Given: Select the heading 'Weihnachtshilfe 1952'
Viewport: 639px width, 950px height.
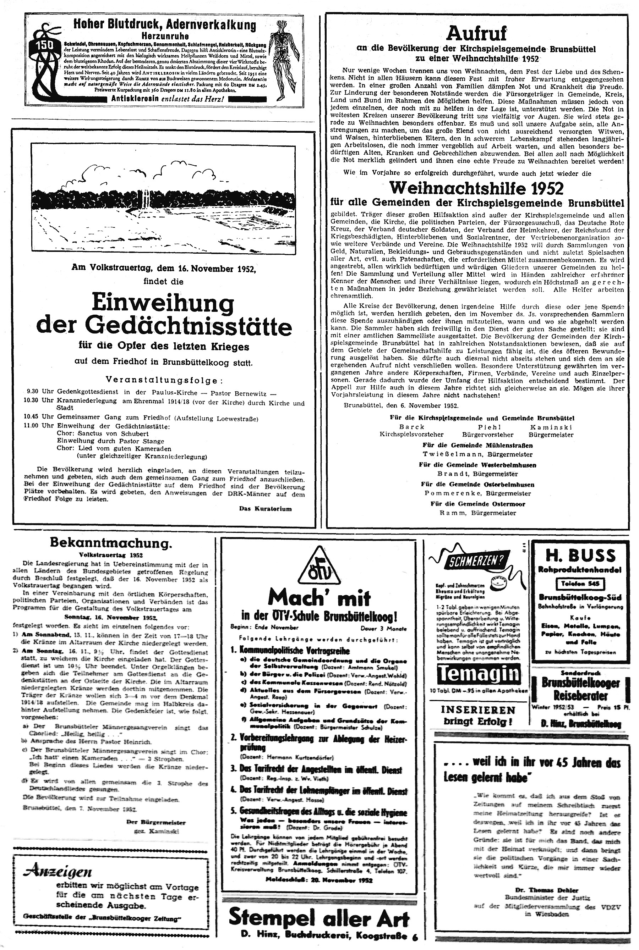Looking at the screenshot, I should click(476, 188).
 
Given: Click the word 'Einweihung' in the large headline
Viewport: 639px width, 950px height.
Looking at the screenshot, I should click(163, 304).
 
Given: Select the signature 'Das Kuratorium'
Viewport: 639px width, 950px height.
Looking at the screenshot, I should click(265, 509).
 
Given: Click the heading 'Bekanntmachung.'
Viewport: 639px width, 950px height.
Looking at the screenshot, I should click(111, 543).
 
